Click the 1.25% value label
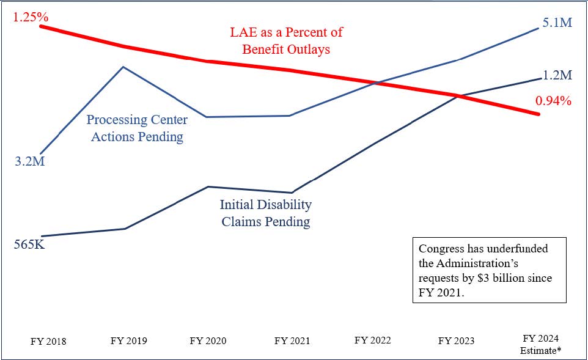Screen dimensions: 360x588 coord(31,17)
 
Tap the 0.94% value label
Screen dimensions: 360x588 coord(553,101)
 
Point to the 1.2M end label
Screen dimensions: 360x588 coord(557,75)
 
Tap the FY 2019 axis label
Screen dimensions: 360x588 coord(128,341)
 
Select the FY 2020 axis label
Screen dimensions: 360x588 coord(208,341)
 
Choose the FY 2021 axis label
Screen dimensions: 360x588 coord(292,341)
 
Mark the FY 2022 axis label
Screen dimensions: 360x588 coord(373,340)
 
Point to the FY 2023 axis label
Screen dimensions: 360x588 coord(456,341)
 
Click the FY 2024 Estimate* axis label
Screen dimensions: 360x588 coord(542,344)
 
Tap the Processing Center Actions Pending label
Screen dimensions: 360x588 coord(137,128)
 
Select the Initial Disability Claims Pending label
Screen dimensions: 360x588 coord(265,213)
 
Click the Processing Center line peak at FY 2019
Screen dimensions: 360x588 coord(123,67)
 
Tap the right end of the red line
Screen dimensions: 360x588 coord(538,114)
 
